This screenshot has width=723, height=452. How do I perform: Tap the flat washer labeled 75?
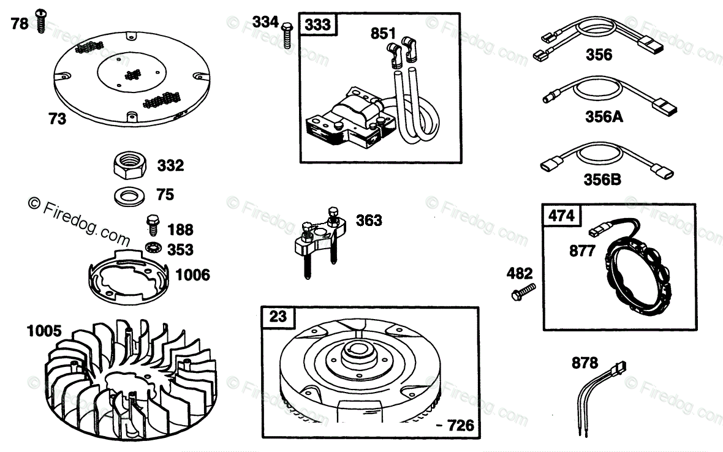[129, 196]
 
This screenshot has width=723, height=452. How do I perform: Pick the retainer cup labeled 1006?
[127, 277]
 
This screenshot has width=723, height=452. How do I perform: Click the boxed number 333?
[318, 24]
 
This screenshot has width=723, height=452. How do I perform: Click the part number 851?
[383, 34]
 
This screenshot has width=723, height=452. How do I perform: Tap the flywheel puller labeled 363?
[319, 242]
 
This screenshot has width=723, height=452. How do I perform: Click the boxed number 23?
[278, 317]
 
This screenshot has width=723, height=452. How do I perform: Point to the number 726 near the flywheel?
[460, 424]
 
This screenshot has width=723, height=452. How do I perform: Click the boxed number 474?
[561, 216]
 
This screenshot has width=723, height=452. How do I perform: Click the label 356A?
[604, 116]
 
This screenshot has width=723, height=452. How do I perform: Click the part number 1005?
[44, 331]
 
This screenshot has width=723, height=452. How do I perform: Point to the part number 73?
[57, 119]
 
